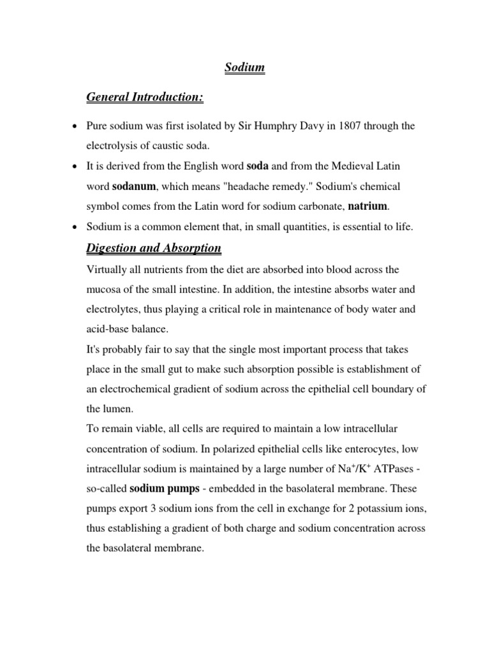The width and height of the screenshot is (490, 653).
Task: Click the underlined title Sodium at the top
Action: coord(244,67)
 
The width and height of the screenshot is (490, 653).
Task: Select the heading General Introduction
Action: coord(145,97)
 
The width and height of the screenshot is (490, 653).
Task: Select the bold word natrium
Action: coord(367,206)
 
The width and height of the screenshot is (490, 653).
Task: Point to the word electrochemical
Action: coord(138,390)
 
